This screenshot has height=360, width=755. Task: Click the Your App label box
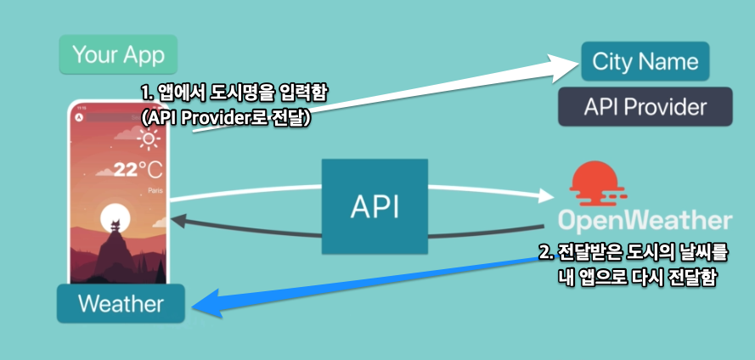pyautogui.click(x=118, y=55)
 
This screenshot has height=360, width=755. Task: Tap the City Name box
pyautogui.click(x=645, y=61)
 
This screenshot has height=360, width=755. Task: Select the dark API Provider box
pyautogui.click(x=645, y=108)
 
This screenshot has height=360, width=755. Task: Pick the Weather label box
pyautogui.click(x=121, y=304)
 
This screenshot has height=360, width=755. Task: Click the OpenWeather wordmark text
pyautogui.click(x=645, y=221)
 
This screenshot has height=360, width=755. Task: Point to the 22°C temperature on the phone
pyautogui.click(x=137, y=169)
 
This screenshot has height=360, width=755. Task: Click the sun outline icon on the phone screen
pyautogui.click(x=150, y=140)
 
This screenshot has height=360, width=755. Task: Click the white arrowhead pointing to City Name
pyautogui.click(x=562, y=65)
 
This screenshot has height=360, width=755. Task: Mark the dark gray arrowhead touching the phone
pyautogui.click(x=178, y=221)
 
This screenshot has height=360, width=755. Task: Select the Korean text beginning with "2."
pyautogui.click(x=633, y=253)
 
